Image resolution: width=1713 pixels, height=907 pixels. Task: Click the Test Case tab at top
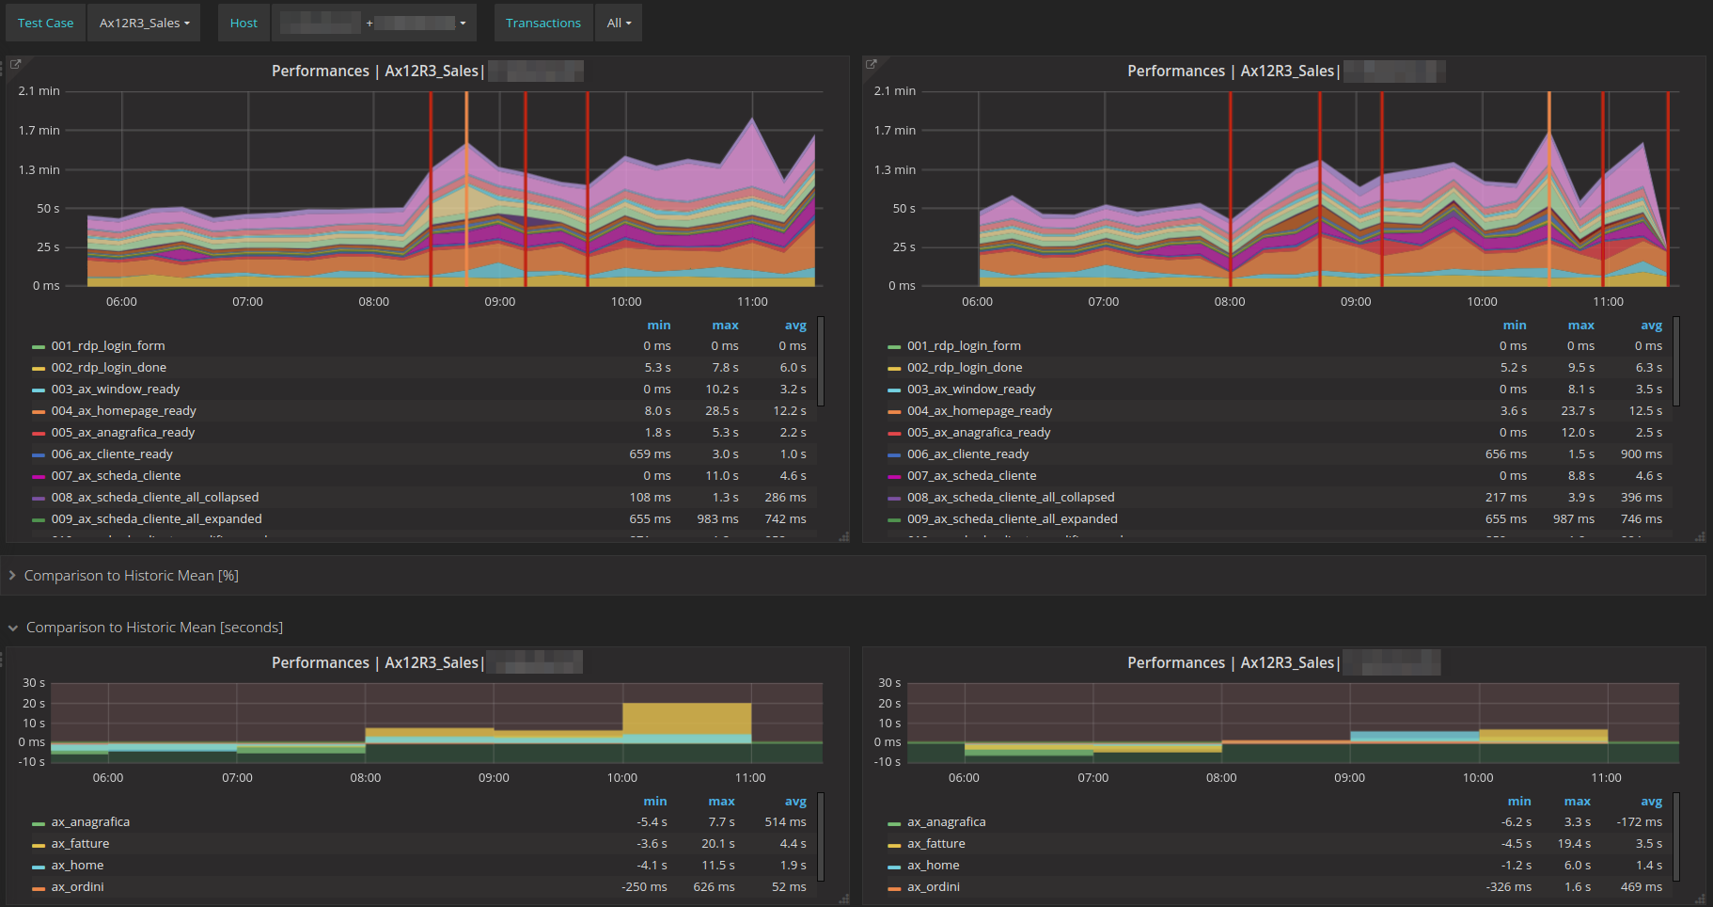click(x=45, y=23)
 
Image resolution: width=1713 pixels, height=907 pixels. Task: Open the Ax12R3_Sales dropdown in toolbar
click(x=144, y=23)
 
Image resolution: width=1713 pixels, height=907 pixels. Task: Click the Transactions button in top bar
click(x=542, y=23)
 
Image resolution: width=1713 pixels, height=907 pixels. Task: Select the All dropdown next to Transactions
click(x=618, y=23)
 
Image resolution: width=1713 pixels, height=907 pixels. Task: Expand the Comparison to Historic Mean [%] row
click(x=131, y=575)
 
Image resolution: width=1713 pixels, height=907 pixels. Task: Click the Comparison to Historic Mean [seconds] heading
click(x=154, y=627)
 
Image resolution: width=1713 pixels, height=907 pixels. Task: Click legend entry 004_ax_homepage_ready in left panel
click(x=123, y=410)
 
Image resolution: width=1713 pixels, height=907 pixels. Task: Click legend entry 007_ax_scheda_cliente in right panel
click(x=971, y=475)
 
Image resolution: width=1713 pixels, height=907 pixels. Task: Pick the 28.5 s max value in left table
click(x=721, y=410)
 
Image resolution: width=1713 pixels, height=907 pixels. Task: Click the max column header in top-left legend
click(x=725, y=325)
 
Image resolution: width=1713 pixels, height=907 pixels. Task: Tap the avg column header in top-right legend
click(x=1651, y=325)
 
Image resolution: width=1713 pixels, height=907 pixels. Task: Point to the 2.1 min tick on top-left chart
click(x=39, y=90)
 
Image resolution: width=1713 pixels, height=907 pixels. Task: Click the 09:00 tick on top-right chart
click(x=1355, y=301)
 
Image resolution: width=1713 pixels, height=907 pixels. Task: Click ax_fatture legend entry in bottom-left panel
click(x=80, y=843)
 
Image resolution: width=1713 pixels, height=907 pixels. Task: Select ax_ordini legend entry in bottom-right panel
click(x=933, y=886)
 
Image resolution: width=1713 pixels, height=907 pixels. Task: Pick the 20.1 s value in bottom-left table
click(x=718, y=843)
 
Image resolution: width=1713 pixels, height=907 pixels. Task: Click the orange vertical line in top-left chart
click(x=466, y=188)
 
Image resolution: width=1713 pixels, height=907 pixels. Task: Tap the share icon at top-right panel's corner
click(x=871, y=64)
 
